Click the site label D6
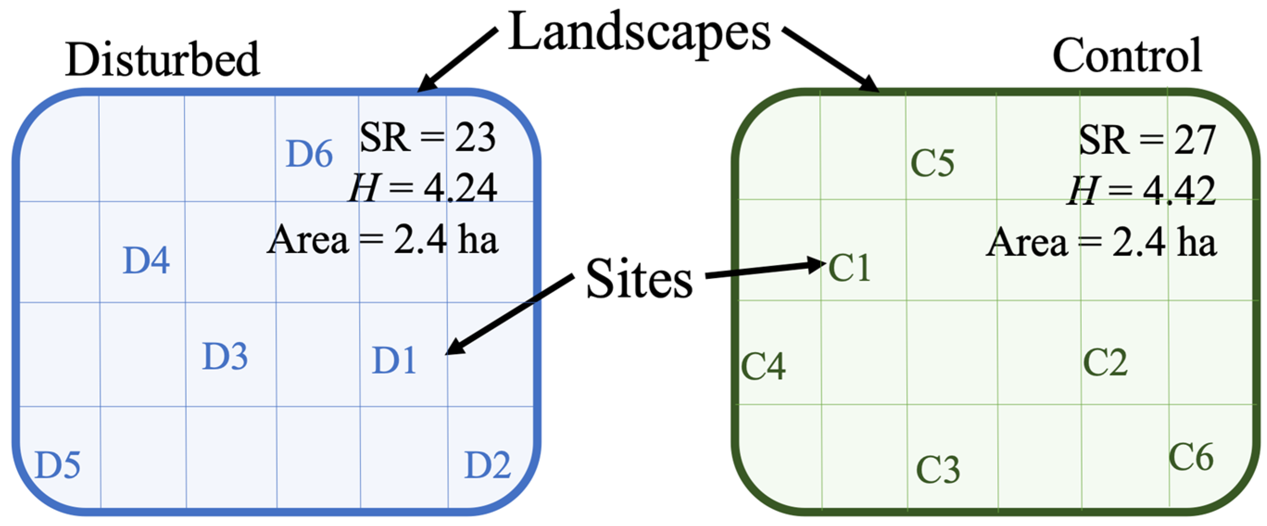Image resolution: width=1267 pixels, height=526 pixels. (309, 154)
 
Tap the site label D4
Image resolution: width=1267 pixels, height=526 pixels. (146, 260)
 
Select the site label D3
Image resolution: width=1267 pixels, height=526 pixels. (225, 356)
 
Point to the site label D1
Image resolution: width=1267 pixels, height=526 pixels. (394, 361)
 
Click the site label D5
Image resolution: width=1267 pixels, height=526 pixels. (57, 465)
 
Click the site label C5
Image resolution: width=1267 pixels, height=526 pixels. (932, 163)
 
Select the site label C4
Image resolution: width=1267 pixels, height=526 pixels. (763, 367)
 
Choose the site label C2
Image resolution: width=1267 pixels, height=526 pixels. (1105, 363)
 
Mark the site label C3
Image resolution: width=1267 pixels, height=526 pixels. (938, 469)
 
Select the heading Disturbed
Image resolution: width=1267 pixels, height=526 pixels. (162, 60)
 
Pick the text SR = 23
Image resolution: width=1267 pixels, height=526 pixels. (427, 138)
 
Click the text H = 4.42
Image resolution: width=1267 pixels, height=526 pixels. (1141, 191)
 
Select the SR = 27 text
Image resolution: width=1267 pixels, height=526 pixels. (1147, 141)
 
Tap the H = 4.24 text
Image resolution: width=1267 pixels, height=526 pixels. (423, 188)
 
